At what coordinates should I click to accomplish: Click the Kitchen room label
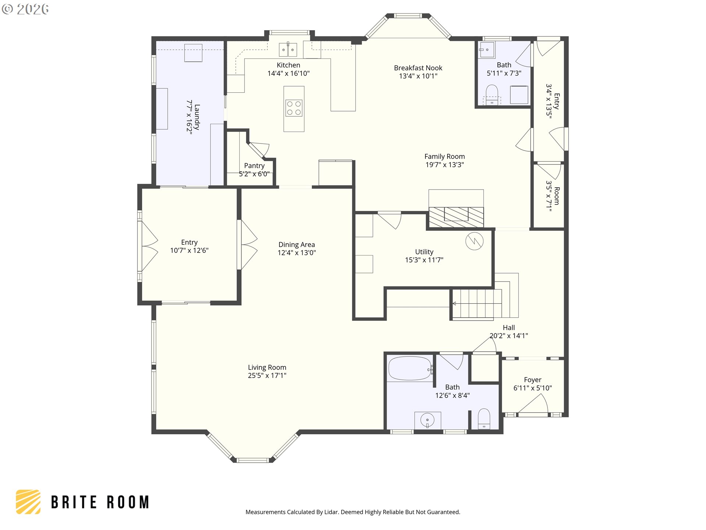tap(288, 65)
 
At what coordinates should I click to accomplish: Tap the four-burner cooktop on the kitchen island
tap(294, 108)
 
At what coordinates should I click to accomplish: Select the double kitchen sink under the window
tap(288, 50)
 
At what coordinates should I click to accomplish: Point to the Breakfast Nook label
tap(418, 68)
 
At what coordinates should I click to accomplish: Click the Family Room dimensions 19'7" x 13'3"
tap(445, 165)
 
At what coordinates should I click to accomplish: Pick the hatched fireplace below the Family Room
tap(456, 217)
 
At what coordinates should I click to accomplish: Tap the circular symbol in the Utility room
tap(474, 241)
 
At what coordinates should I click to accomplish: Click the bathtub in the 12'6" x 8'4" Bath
tap(411, 368)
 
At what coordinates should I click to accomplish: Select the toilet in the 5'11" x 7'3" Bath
tap(492, 95)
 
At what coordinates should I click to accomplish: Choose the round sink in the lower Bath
tap(427, 420)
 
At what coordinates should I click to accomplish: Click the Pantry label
tap(254, 166)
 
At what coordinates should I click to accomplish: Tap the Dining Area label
tap(297, 245)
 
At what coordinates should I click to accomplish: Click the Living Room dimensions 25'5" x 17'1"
tap(267, 376)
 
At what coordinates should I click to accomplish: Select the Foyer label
tap(532, 380)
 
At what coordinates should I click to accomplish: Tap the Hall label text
tap(509, 328)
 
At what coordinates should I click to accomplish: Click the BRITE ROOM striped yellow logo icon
tap(28, 502)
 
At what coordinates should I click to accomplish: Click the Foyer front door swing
tap(533, 403)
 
